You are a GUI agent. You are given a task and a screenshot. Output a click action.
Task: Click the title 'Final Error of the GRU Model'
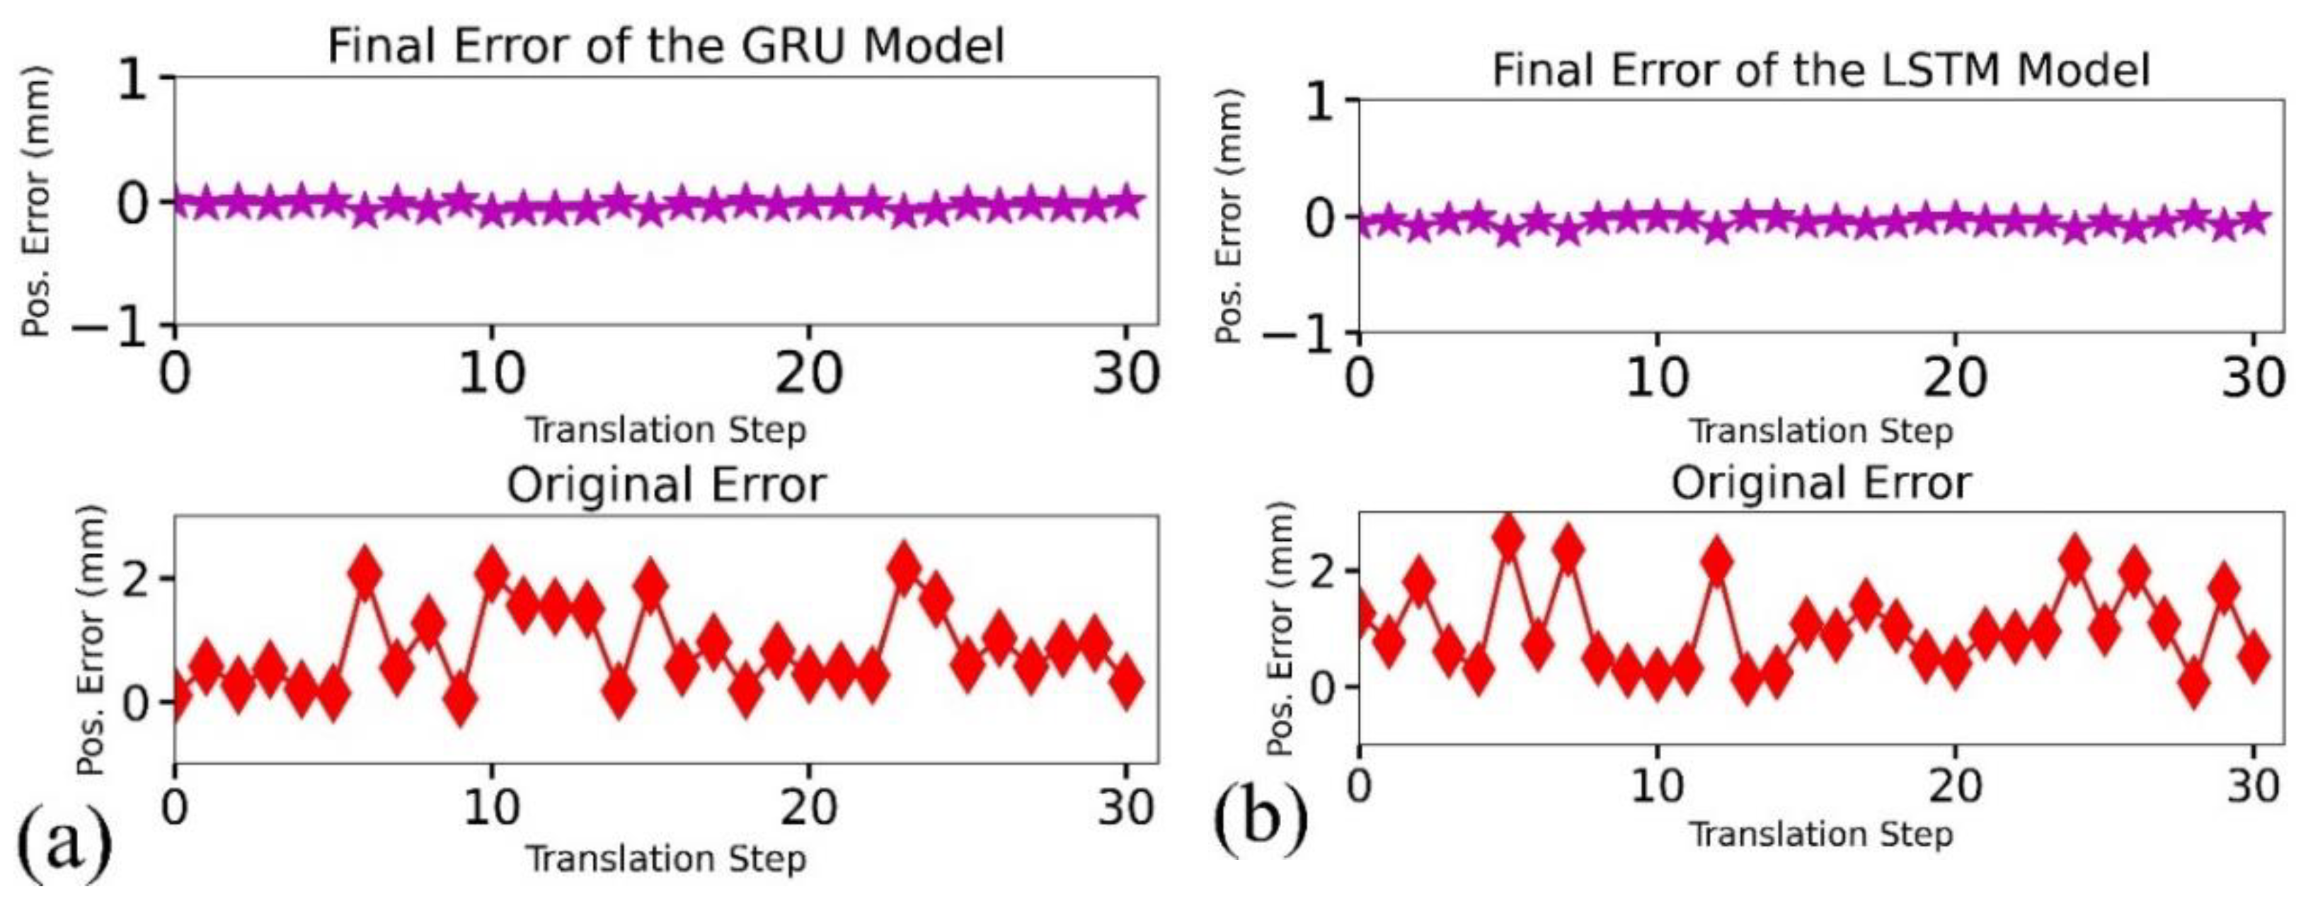tap(665, 45)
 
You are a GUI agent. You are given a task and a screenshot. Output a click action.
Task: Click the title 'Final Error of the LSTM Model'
tap(1820, 69)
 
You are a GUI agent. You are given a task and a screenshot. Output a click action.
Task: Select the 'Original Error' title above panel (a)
tap(665, 485)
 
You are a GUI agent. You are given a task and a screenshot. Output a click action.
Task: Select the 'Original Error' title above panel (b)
tap(1820, 483)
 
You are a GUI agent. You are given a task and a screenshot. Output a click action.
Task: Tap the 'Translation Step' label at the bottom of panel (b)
tap(1820, 834)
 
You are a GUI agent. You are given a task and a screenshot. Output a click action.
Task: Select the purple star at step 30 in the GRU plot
tap(1126, 201)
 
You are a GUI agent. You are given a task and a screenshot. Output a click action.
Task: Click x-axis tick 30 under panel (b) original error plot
tap(2253, 786)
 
